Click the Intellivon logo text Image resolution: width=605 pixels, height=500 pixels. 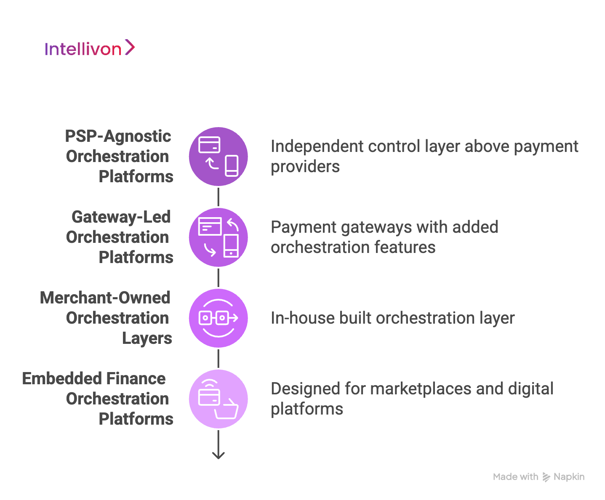[83, 49]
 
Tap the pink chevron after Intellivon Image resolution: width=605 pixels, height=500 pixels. [130, 47]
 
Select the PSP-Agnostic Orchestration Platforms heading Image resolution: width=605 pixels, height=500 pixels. [119, 156]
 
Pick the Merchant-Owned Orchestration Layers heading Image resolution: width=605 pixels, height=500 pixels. [106, 318]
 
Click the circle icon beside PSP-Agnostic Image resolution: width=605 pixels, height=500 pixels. [218, 157]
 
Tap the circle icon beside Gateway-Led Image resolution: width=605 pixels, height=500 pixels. [218, 237]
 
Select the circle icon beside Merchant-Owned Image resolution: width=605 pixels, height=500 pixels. [218, 318]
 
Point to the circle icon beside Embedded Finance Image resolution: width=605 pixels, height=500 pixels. [218, 399]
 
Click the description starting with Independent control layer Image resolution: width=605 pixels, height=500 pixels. [424, 156]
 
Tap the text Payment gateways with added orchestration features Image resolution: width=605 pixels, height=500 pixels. [384, 237]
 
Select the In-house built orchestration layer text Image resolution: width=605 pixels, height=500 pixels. [392, 318]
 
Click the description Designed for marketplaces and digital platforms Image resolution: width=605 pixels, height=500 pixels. [412, 399]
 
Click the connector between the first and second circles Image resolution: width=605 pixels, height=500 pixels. [218, 197]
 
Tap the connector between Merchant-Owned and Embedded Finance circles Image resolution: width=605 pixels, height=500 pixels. [218, 359]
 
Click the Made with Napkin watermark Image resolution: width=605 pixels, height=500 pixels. [538, 477]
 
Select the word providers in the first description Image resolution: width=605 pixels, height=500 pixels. [305, 167]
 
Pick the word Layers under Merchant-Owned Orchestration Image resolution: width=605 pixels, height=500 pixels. [147, 338]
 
